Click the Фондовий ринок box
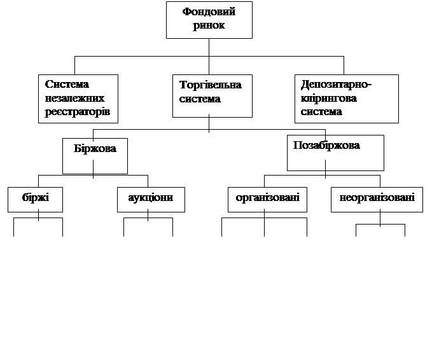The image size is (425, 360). (209, 20)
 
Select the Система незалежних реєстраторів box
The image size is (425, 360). (78, 99)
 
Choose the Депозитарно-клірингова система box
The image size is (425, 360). (346, 99)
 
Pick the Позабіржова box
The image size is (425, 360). (335, 152)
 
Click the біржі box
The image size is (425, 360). (35, 199)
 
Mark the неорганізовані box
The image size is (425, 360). (377, 199)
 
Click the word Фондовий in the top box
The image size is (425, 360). (209, 12)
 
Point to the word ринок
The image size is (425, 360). (209, 26)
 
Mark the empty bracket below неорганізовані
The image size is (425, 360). (380, 230)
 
